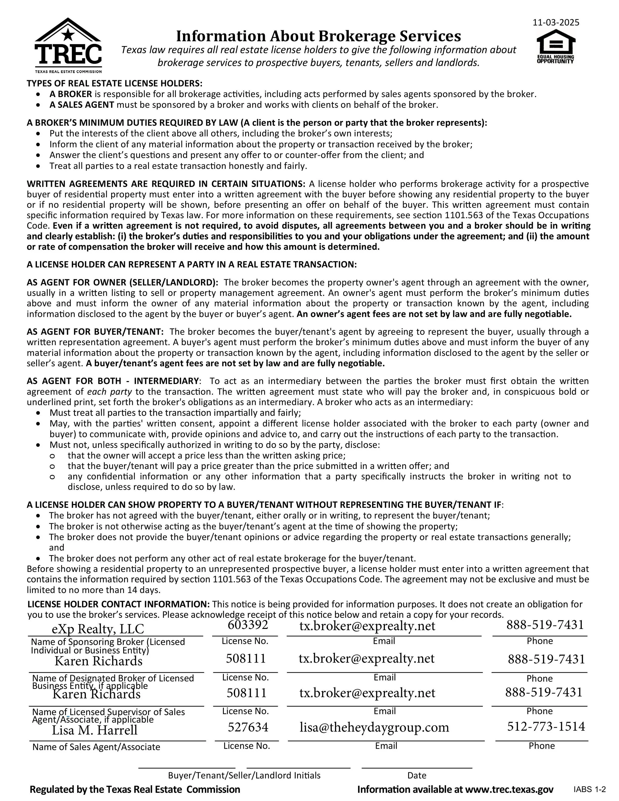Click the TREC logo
(68, 46)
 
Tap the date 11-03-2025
(556, 22)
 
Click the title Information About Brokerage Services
(318, 36)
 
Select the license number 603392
(248, 625)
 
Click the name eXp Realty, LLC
(98, 629)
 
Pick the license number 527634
(248, 726)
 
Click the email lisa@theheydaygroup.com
(374, 726)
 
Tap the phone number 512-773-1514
(546, 726)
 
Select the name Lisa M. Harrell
(95, 729)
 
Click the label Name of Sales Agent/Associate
(96, 747)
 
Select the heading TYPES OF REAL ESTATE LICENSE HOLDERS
(114, 83)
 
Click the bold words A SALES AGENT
(82, 105)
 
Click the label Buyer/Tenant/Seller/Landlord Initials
(244, 775)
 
